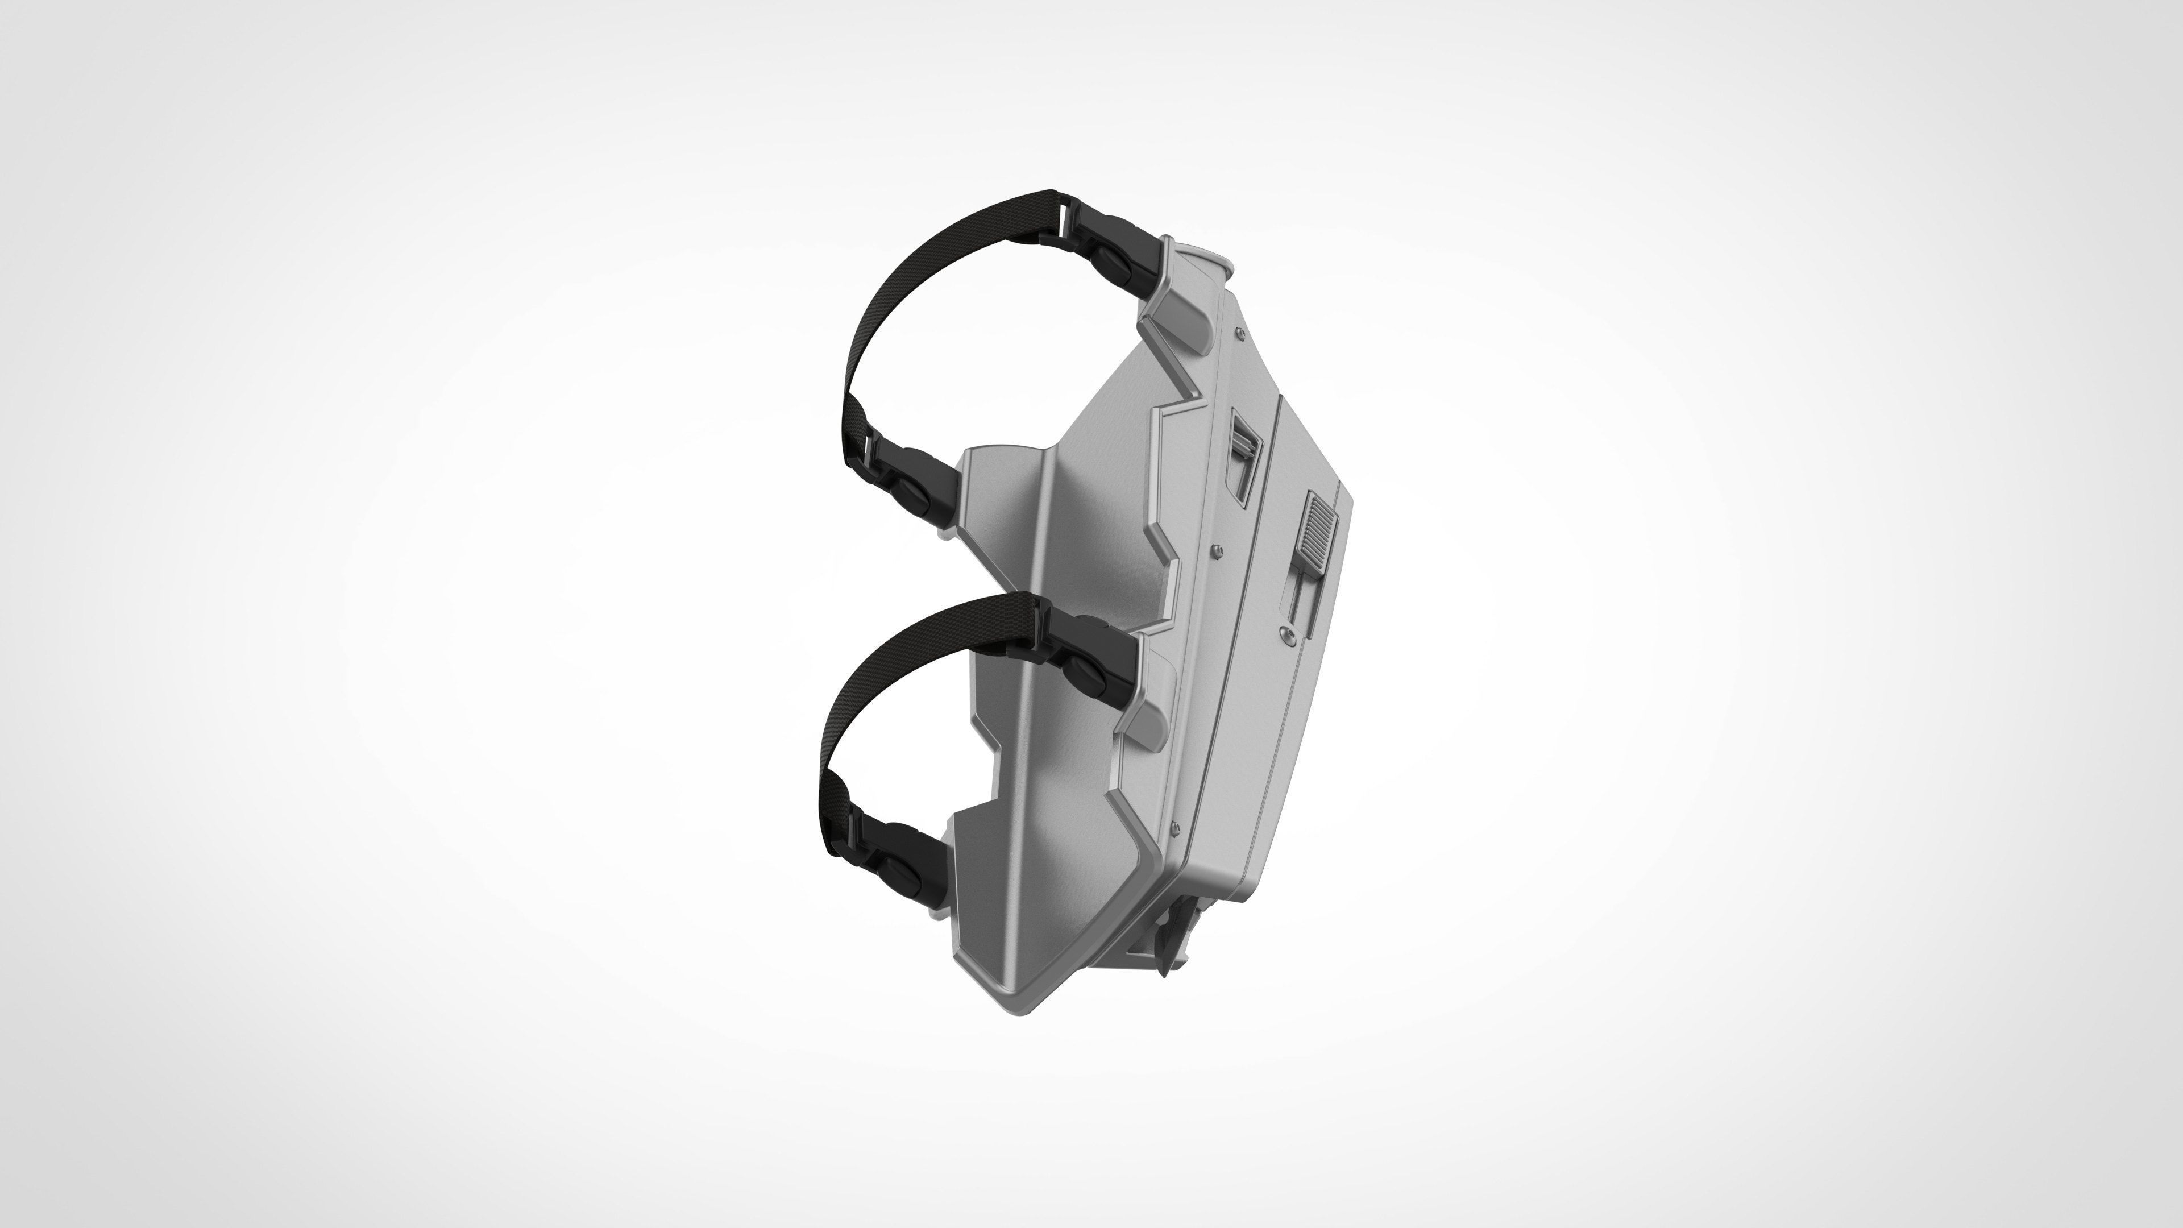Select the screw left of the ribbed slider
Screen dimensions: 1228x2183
1218,551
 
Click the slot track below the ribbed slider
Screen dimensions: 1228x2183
1301,598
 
